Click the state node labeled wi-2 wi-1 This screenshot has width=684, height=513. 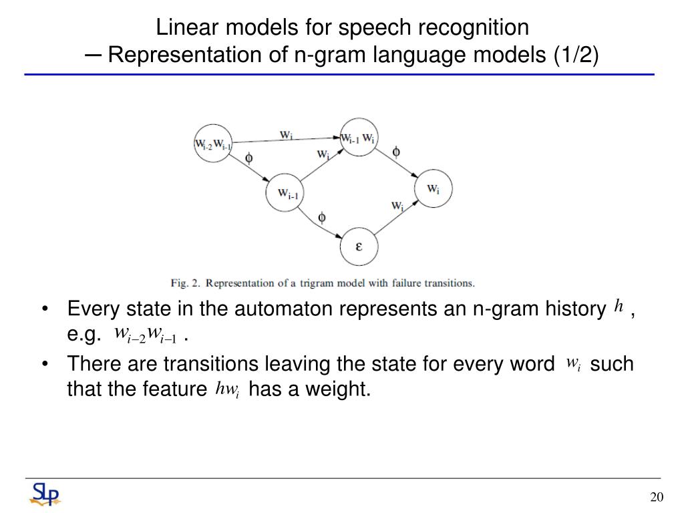pyautogui.click(x=213, y=143)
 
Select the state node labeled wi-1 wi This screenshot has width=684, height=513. pyautogui.click(x=359, y=138)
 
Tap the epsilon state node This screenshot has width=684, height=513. pyautogui.click(x=359, y=246)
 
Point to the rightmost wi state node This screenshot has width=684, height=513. pyautogui.click(x=433, y=188)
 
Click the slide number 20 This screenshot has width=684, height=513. pyautogui.click(x=656, y=496)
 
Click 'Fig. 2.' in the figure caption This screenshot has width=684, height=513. pyautogui.click(x=186, y=283)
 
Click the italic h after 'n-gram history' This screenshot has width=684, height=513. pyautogui.click(x=619, y=307)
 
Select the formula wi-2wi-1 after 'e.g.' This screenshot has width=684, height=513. pyautogui.click(x=145, y=334)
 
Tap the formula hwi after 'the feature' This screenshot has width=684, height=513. pyautogui.click(x=227, y=389)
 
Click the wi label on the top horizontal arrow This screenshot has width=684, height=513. pyautogui.click(x=286, y=134)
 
